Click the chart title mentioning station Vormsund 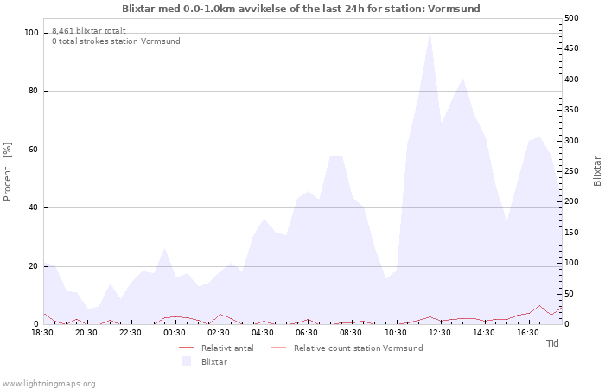click(x=301, y=9)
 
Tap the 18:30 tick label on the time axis click(x=42, y=333)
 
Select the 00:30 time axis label click(x=175, y=333)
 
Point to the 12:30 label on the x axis click(x=440, y=333)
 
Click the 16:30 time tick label click(x=528, y=333)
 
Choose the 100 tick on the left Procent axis click(x=31, y=33)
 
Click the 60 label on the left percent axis click(x=33, y=150)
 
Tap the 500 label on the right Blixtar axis click(x=571, y=18)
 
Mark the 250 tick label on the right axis click(x=571, y=171)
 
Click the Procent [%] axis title click(x=7, y=172)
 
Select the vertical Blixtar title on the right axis click(x=597, y=171)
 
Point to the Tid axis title click(x=552, y=343)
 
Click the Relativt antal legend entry click(x=216, y=348)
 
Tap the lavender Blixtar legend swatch click(x=187, y=361)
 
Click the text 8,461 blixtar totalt click(x=89, y=31)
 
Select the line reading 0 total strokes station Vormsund click(x=116, y=41)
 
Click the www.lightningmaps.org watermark click(x=48, y=384)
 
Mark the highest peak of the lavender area click(x=430, y=33)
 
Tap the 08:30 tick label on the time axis click(x=351, y=333)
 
